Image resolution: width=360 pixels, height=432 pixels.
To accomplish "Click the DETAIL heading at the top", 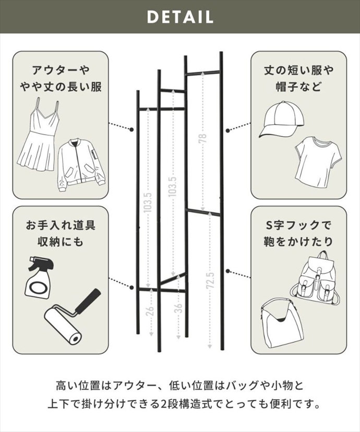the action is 180,17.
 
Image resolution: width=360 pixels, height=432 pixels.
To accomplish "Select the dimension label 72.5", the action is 210,281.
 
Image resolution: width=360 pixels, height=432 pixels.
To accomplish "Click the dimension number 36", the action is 178,308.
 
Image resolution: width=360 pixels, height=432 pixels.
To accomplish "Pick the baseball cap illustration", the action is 281,119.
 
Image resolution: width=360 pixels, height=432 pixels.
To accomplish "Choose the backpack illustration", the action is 314,278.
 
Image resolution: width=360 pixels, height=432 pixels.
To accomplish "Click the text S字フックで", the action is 298,225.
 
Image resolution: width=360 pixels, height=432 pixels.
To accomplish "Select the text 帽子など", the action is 298,86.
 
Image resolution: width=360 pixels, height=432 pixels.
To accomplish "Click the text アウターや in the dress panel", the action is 61,70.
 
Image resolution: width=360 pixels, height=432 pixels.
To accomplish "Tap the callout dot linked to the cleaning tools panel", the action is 131,287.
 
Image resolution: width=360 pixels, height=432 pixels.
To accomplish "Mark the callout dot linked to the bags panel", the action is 227,271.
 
